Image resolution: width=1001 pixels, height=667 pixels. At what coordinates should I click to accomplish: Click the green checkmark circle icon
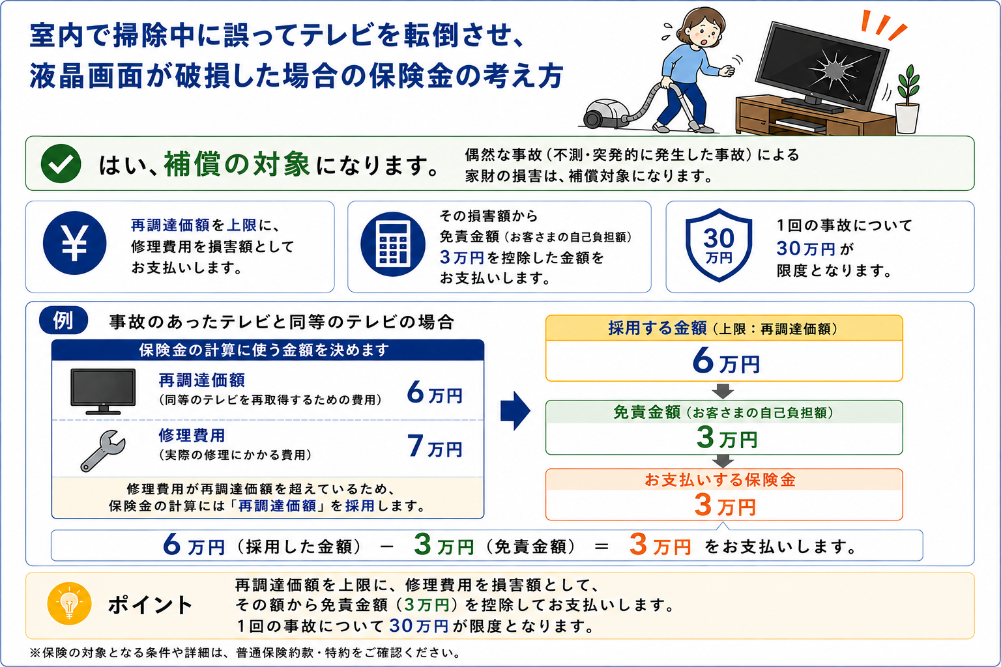tap(61, 163)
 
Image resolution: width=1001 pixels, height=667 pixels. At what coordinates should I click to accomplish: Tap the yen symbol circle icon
tap(75, 242)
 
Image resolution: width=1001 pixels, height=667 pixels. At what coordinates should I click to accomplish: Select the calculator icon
tap(393, 244)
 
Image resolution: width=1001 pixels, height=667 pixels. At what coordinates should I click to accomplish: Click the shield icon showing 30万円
tap(719, 245)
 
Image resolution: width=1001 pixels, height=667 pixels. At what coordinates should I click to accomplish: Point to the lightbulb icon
tap(69, 604)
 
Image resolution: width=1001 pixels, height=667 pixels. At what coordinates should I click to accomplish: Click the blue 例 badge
tap(63, 320)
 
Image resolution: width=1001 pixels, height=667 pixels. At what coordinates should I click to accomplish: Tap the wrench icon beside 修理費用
tap(103, 451)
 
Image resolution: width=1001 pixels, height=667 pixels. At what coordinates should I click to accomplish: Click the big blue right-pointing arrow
tap(515, 411)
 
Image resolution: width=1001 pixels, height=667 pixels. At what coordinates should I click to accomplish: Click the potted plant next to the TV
tap(907, 99)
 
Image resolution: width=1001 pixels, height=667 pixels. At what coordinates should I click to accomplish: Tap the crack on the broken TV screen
tap(834, 70)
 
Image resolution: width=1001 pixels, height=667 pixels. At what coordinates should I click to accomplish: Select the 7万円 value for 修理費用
tap(435, 447)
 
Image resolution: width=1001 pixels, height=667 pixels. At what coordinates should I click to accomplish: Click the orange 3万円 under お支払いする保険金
tap(725, 505)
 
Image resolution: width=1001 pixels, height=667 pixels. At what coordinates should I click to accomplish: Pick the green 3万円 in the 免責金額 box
tap(727, 437)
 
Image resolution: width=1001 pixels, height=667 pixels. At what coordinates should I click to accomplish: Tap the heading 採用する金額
tap(658, 328)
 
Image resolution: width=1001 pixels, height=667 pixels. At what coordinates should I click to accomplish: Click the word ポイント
tap(150, 605)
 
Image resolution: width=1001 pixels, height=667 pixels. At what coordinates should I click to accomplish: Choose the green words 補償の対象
tap(237, 164)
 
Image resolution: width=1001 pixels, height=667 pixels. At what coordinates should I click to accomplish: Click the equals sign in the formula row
tap(602, 546)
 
